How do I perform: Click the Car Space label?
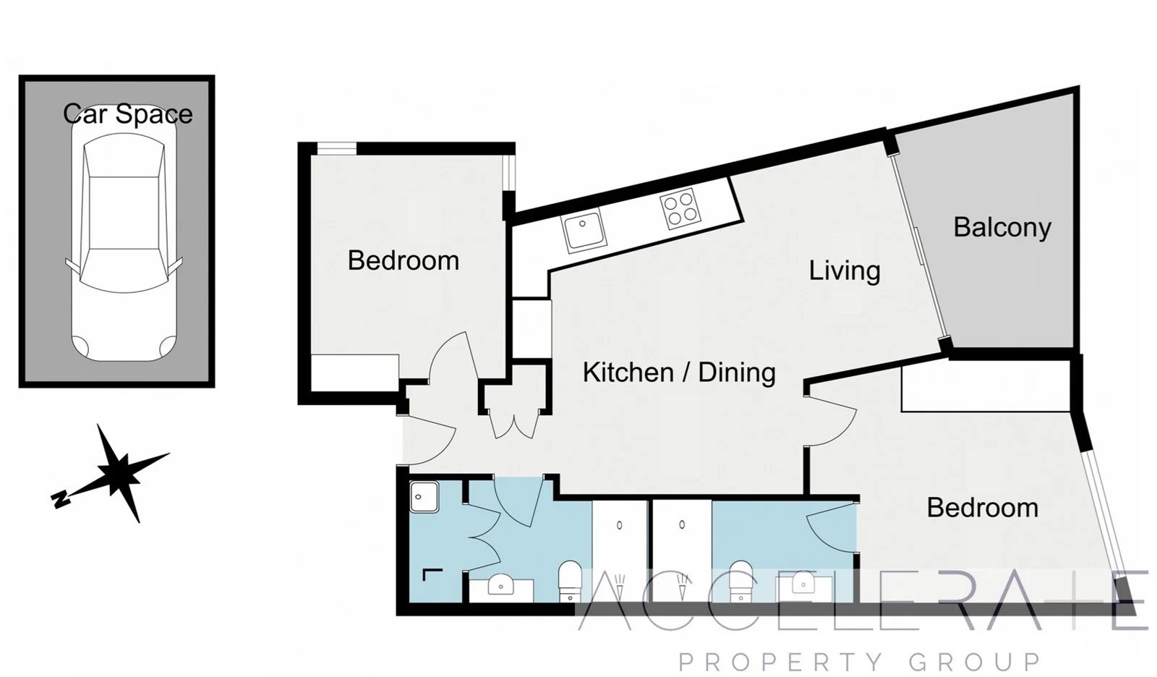pos(128,114)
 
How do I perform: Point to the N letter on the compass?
pos(61,498)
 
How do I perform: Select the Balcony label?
pos(1002,227)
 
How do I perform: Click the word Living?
pos(844,271)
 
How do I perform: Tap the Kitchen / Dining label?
pos(678,372)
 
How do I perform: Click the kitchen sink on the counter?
pos(583,230)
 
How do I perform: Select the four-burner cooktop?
pos(680,208)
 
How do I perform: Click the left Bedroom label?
pos(403,260)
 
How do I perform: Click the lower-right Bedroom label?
pos(982,508)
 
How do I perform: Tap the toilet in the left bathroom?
pos(570,579)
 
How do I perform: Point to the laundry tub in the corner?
pos(424,497)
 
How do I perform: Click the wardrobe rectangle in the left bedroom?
pos(354,372)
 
